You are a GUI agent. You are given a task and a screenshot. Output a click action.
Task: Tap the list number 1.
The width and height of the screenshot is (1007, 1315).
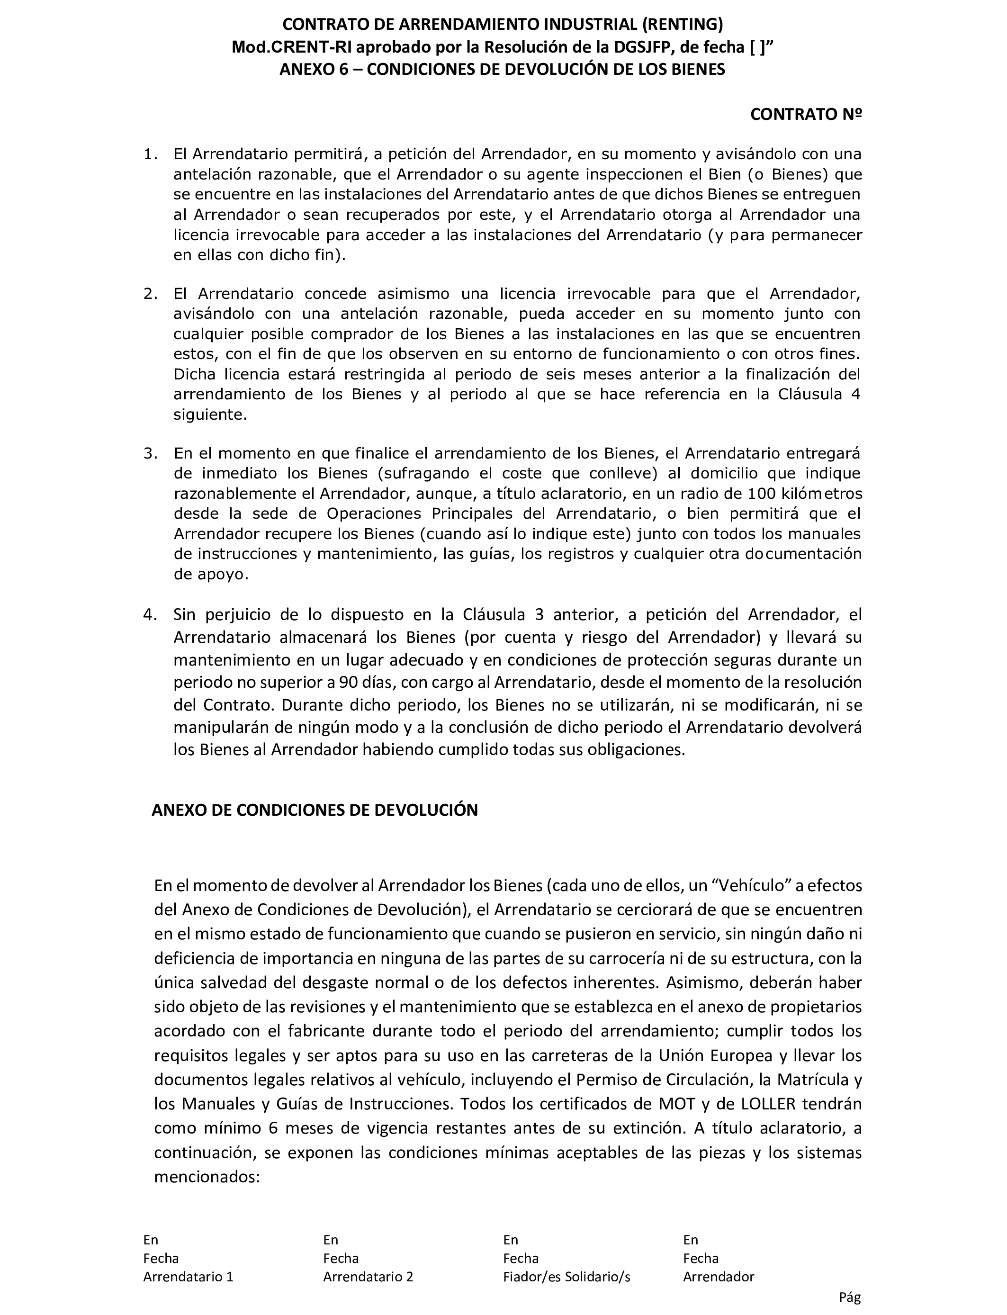tap(150, 154)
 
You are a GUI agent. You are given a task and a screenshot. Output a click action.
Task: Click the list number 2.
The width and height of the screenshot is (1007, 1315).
tap(150, 294)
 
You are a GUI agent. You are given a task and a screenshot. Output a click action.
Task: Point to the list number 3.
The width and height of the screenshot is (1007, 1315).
tap(150, 454)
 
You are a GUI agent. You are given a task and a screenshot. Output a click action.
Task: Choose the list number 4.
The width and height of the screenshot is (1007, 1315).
tap(150, 614)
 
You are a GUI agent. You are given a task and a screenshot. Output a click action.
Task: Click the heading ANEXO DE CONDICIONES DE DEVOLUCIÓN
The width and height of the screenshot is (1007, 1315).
tap(315, 811)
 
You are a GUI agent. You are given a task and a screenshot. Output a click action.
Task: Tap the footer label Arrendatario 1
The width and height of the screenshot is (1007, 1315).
tap(188, 1277)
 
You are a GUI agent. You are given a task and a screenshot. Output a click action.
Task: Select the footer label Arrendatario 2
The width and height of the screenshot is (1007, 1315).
tap(368, 1277)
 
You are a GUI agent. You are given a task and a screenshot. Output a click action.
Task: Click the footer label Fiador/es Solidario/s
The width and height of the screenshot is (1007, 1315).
tap(566, 1277)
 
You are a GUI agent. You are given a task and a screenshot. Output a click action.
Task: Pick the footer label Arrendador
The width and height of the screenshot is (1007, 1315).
tap(718, 1277)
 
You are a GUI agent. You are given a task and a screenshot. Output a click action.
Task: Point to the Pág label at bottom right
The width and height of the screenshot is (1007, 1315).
tap(849, 1297)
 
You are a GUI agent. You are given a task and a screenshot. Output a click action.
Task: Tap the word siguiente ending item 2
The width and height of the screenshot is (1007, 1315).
tap(210, 415)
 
